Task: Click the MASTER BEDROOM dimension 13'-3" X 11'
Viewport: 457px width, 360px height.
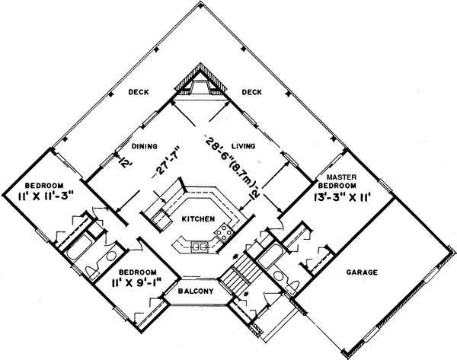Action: [342, 196]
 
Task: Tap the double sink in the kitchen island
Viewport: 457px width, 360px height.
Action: [200, 246]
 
